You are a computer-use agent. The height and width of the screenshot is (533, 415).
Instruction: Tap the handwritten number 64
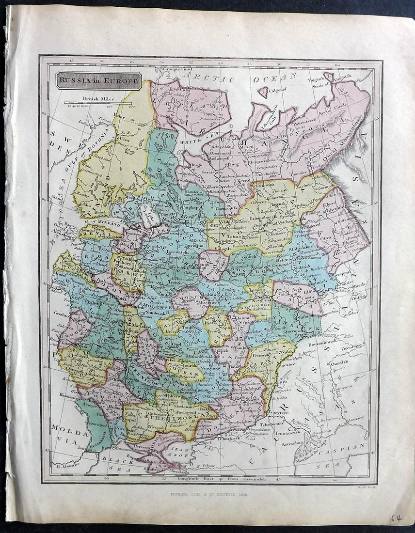(x=397, y=518)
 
